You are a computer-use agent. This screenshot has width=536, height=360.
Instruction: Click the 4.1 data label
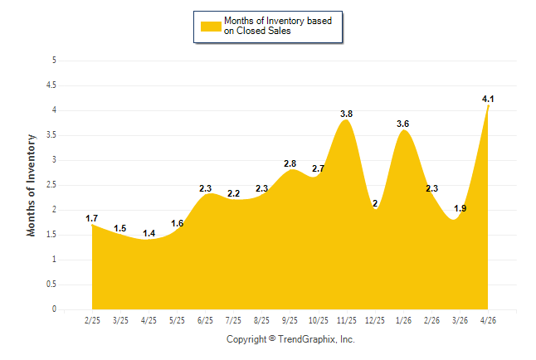(488, 100)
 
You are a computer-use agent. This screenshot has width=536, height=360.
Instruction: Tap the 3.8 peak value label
(346, 114)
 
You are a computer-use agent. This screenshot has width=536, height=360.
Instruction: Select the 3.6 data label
(402, 124)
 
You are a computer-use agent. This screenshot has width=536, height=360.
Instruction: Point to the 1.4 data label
(149, 234)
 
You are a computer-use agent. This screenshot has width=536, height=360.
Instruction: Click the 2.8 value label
(290, 163)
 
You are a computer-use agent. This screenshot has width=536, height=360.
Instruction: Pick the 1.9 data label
(460, 208)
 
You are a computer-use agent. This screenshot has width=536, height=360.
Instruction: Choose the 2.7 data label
(319, 168)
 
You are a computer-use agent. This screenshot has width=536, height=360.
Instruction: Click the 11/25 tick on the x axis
(347, 320)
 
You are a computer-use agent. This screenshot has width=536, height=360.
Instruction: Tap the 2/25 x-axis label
(92, 320)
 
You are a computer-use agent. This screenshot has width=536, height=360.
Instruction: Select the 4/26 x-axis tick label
(488, 320)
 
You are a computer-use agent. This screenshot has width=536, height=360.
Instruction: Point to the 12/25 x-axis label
(375, 320)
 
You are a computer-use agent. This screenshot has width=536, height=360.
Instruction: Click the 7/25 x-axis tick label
(233, 320)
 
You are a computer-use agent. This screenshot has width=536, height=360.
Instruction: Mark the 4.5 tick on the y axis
(51, 85)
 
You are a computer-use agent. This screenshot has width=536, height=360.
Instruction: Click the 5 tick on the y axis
(54, 61)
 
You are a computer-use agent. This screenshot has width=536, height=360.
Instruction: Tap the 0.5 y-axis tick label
(51, 285)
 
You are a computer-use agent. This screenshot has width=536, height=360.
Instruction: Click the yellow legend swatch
(211, 27)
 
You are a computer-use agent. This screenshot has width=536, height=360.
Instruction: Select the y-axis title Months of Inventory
(31, 185)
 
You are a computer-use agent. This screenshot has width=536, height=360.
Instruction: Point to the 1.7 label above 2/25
(91, 218)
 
